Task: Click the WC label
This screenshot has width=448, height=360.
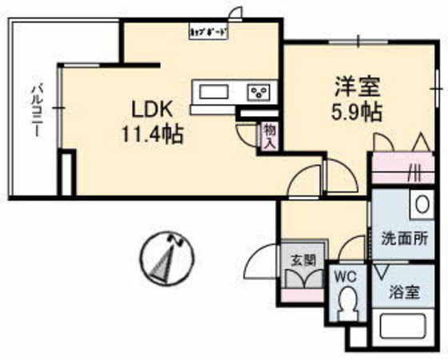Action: pos(346,274)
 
